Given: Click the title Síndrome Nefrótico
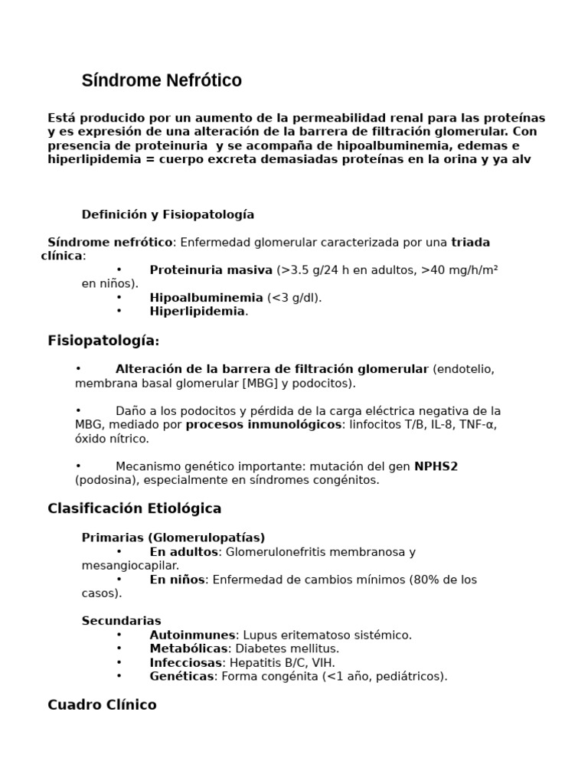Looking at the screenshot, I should [162, 80].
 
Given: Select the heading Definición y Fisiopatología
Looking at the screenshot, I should [168, 214].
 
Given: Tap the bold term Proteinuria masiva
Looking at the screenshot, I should [211, 269].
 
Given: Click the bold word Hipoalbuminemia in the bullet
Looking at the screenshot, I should [206, 298].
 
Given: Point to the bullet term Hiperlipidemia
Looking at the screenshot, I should [198, 312].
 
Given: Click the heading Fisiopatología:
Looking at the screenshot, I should [103, 341].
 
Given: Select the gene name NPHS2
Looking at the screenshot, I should [436, 466].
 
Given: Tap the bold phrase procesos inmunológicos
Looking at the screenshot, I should [263, 424].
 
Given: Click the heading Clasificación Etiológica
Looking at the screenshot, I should [134, 508].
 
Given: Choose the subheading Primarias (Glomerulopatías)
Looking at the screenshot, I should [173, 537].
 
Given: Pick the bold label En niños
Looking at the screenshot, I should [177, 580].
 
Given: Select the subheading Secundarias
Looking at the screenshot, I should [121, 621].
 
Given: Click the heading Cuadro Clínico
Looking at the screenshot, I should [102, 704].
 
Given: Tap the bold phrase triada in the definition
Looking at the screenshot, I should [471, 242].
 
